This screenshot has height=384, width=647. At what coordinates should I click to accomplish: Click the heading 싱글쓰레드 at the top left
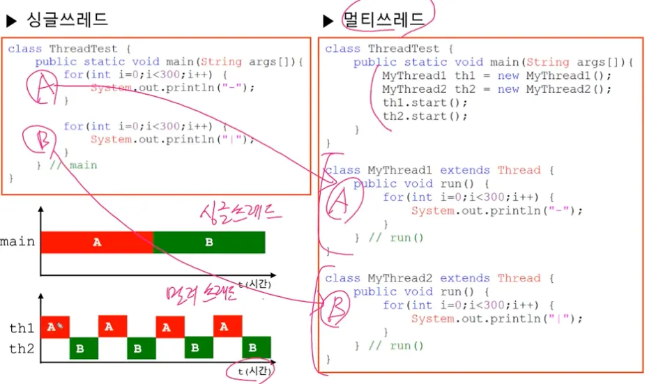67,20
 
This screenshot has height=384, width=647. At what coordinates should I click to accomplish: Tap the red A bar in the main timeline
97,242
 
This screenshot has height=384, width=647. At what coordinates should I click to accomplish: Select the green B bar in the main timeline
208,242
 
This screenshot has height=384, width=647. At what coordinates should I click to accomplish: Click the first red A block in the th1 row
55,326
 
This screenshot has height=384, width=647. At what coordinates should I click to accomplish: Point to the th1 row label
21,327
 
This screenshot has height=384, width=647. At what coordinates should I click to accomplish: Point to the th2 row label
21,348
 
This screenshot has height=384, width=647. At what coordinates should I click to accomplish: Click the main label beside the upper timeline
17,242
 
